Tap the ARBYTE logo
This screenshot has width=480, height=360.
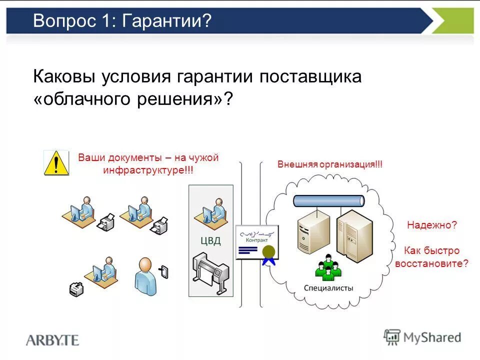click(x=52, y=340)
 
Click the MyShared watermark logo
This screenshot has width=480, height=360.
click(x=422, y=337)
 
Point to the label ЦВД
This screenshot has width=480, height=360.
click(x=210, y=241)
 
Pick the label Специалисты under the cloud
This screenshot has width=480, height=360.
click(x=328, y=288)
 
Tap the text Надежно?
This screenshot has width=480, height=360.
click(x=431, y=225)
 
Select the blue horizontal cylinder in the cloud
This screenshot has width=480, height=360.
click(x=328, y=201)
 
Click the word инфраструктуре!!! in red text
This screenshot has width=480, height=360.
click(x=148, y=169)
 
